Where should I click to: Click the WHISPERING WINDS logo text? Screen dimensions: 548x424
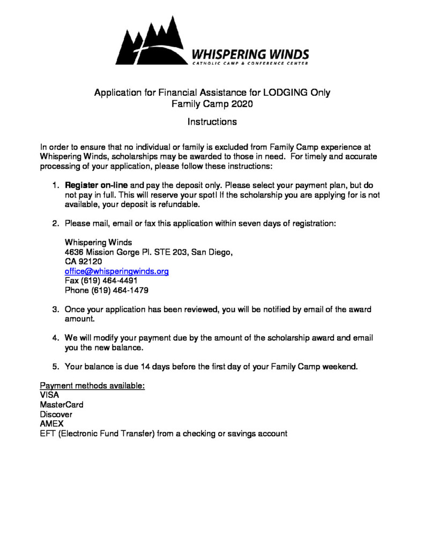250,54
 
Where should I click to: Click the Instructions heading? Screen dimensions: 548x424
212,122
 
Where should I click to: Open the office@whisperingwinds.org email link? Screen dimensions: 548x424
117,271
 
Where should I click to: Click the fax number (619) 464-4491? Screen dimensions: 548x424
114,281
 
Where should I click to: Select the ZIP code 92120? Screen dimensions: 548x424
89,262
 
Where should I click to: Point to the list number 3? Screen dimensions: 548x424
55,309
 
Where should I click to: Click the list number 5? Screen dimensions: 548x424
55,367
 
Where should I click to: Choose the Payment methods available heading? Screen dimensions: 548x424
92,386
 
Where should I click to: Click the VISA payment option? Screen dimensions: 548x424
50,395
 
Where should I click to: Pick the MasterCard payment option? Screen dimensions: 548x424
61,405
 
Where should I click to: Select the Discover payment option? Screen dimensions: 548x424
56,415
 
